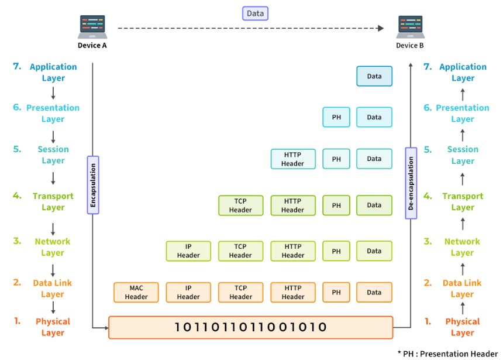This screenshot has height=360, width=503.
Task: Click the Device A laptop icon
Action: (x=92, y=26)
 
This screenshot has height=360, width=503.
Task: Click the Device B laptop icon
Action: (x=410, y=26)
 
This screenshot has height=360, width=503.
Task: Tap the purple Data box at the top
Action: (x=255, y=13)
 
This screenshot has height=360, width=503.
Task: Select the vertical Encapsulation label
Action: (x=92, y=184)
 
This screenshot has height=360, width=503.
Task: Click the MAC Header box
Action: (x=136, y=292)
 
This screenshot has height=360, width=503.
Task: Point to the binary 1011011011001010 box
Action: (x=250, y=327)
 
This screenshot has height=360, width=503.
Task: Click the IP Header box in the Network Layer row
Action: (x=188, y=251)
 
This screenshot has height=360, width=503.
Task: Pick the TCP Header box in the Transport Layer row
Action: (x=240, y=205)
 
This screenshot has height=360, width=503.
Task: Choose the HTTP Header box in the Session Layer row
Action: (x=292, y=159)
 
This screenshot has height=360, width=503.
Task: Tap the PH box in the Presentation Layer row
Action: (x=336, y=117)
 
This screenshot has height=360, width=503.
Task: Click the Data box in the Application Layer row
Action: (x=374, y=76)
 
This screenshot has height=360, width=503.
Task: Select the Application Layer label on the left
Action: (x=53, y=73)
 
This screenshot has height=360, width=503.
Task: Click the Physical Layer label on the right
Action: (x=462, y=327)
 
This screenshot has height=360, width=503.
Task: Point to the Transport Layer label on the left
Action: (x=53, y=202)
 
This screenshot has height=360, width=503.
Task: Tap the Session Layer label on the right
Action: (x=463, y=155)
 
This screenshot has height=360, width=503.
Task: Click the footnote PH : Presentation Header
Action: (x=449, y=354)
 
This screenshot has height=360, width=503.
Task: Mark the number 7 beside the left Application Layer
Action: (x=17, y=67)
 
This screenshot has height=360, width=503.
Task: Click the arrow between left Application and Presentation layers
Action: (x=53, y=92)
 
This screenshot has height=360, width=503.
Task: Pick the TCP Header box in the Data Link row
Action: (x=240, y=292)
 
